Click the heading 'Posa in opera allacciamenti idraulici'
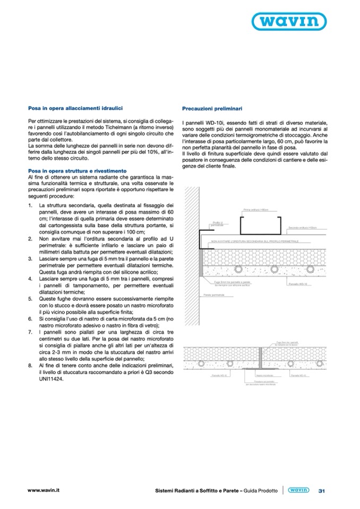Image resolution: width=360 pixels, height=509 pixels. [76, 107]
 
